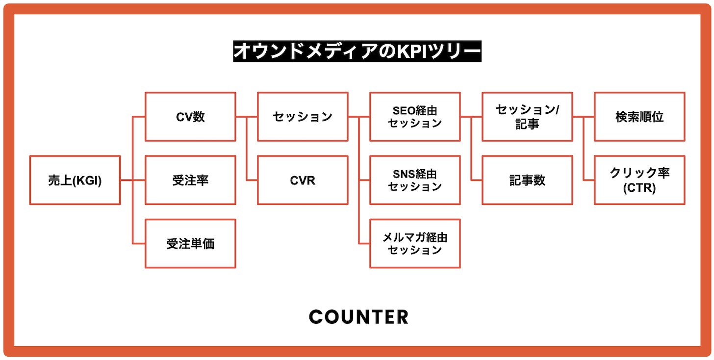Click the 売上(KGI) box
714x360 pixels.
pyautogui.click(x=75, y=180)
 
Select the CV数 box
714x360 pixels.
pyautogui.click(x=190, y=117)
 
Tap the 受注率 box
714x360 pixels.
pyautogui.click(x=190, y=180)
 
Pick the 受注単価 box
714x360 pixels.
pyautogui.click(x=190, y=243)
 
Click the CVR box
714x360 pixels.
pyautogui.click(x=303, y=180)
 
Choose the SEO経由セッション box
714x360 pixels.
pyautogui.click(x=415, y=117)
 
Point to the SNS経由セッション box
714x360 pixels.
pyautogui.click(x=415, y=180)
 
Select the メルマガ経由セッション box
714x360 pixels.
pyautogui.click(x=415, y=243)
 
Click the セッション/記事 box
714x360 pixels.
pyautogui.click(x=527, y=117)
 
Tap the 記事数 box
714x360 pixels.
pyautogui.click(x=527, y=180)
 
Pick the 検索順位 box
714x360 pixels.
pyautogui.click(x=639, y=117)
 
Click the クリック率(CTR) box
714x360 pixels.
pyautogui.click(x=639, y=180)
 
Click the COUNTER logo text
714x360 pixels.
pyautogui.click(x=358, y=317)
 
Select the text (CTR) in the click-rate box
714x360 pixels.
pyautogui.click(x=639, y=187)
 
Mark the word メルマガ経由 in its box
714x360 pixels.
pyautogui.click(x=415, y=237)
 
